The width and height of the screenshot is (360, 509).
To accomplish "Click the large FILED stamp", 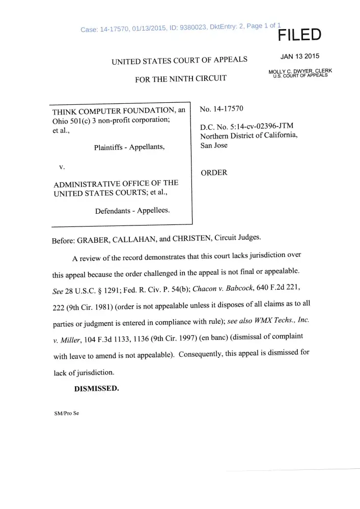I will coord(299,35).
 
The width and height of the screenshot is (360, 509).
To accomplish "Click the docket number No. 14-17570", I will coord(222,108).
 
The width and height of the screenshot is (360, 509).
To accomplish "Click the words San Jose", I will coord(214,146).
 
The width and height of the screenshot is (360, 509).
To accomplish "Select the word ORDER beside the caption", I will coord(214,173).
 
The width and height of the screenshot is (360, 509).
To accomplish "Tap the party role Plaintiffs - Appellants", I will coord(129,148).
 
